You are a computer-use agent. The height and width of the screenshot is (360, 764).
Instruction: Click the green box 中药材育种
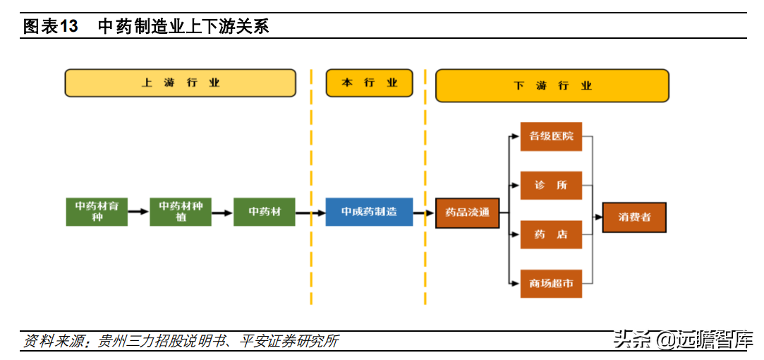(97, 212)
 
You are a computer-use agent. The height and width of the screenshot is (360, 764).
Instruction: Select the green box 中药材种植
(181, 212)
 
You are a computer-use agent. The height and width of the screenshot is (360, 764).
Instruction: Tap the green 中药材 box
(265, 212)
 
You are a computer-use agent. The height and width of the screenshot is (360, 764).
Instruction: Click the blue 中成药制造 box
(370, 212)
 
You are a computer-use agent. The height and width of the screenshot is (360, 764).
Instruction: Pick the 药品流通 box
(467, 213)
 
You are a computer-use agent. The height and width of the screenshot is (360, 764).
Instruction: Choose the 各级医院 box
(551, 136)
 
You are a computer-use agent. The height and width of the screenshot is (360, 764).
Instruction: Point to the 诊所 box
(551, 186)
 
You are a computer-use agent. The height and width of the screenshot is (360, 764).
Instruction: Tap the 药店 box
(551, 234)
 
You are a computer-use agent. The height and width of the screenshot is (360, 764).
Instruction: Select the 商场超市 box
(551, 284)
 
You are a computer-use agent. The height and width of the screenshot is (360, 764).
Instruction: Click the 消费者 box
(634, 217)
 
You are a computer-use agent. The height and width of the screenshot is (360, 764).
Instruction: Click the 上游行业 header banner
(181, 83)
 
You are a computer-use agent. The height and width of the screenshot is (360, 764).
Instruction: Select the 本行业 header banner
(370, 83)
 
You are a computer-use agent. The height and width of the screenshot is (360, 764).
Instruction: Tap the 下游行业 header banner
(552, 86)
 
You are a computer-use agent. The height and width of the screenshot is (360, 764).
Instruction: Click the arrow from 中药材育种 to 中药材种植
(139, 212)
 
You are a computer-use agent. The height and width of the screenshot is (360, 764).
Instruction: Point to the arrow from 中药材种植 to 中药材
(223, 212)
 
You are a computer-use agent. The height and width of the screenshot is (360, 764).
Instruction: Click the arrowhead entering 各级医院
(516, 136)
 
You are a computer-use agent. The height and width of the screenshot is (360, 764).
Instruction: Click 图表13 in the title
(51, 27)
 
